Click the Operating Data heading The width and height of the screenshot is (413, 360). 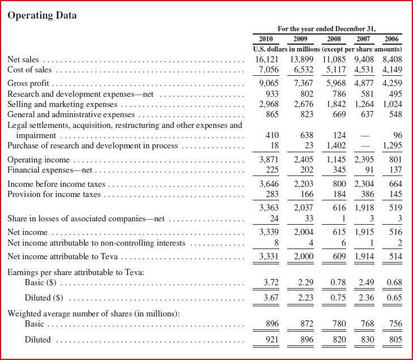coord(42,15)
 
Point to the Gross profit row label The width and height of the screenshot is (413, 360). coord(28,83)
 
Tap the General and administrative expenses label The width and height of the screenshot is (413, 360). coord(71,114)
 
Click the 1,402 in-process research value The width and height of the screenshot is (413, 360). coord(338,145)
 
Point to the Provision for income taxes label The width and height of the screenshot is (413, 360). coord(54,194)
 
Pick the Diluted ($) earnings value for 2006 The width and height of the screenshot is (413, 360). coord(393,298)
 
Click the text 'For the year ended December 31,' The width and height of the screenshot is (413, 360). coord(327,28)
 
